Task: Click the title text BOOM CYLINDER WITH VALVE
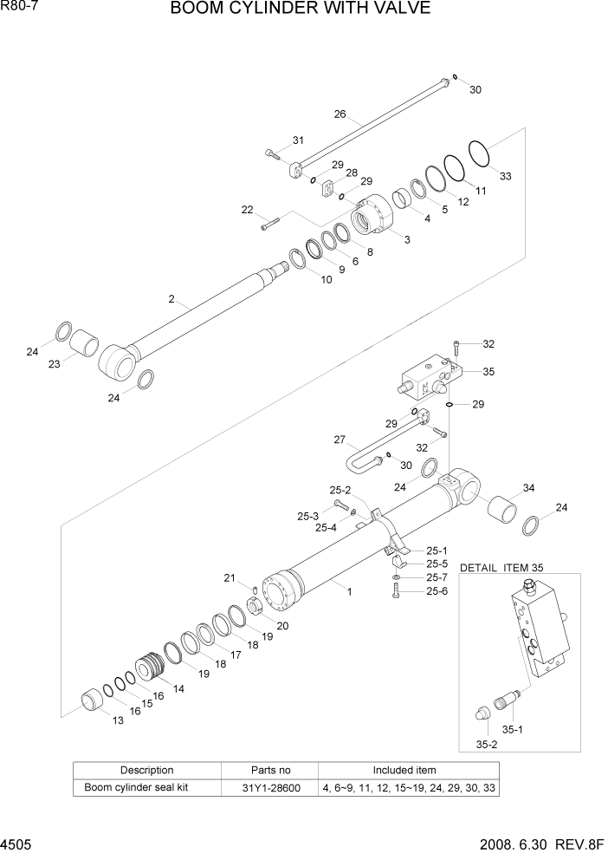pyautogui.click(x=300, y=10)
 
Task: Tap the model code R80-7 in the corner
pyautogui.click(x=18, y=7)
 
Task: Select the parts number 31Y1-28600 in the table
pyautogui.click(x=270, y=788)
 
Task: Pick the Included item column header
pyautogui.click(x=404, y=770)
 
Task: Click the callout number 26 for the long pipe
pyautogui.click(x=340, y=114)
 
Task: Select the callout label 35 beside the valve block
pyautogui.click(x=488, y=371)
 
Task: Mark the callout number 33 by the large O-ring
pyautogui.click(x=505, y=176)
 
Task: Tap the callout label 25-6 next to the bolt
pyautogui.click(x=437, y=591)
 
